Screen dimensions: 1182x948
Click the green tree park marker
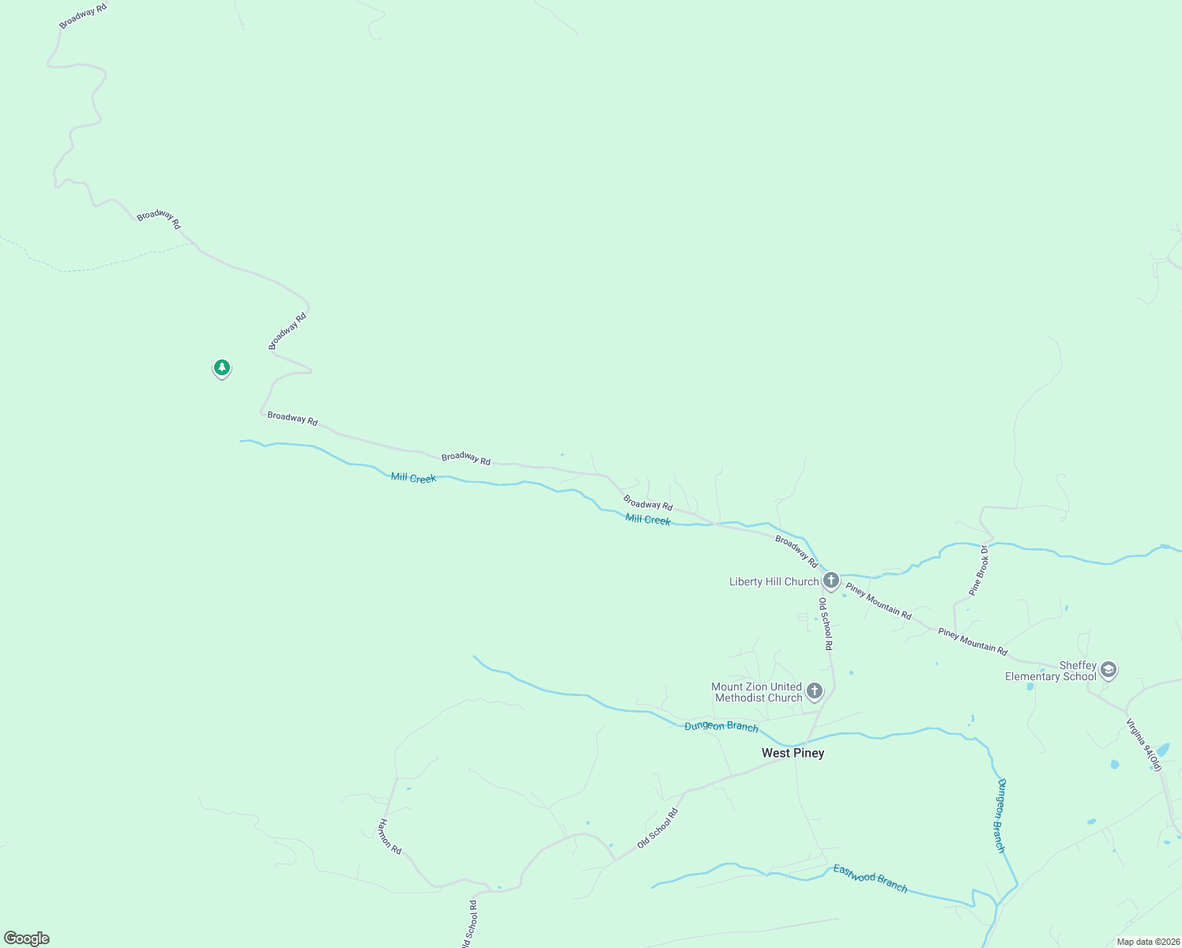[x=222, y=367]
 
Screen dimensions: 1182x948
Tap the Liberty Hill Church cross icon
[x=830, y=581]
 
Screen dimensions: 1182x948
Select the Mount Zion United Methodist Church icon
[x=815, y=691]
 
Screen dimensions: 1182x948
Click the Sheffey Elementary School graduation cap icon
[x=1109, y=670]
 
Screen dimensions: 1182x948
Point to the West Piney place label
[x=792, y=753]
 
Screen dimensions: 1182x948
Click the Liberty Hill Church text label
[x=774, y=581]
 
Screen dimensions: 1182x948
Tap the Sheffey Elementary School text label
[x=1051, y=671]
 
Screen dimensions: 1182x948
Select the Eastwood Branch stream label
[x=870, y=878]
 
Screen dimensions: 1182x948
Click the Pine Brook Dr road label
[x=979, y=570]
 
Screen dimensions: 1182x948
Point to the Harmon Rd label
[x=390, y=837]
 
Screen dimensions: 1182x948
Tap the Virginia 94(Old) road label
[x=1144, y=744]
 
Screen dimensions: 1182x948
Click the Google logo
[x=27, y=939]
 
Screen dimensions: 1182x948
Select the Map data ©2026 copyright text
[x=1147, y=942]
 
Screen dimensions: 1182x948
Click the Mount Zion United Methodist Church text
[x=757, y=692]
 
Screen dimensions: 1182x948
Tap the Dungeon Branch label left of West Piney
[x=721, y=726]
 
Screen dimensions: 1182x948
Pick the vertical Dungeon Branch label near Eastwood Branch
[x=1000, y=815]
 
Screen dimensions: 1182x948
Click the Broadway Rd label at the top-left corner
[x=83, y=16]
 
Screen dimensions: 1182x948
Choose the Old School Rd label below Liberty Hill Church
[x=826, y=623]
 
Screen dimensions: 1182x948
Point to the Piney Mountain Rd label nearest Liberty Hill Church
[x=879, y=600]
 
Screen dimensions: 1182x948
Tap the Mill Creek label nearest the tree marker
[x=413, y=478]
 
